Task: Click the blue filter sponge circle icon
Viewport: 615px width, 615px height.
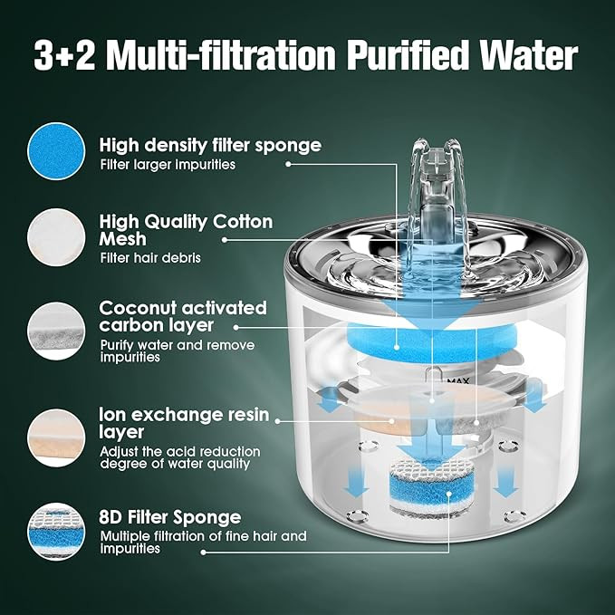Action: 56,151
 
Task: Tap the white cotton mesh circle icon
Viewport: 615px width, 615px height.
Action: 56,237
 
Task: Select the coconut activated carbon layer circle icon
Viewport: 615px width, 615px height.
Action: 56,331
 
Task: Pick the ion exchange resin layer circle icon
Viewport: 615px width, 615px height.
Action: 56,437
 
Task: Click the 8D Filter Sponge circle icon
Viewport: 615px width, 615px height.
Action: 56,532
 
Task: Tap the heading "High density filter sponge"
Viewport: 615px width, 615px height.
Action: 210,146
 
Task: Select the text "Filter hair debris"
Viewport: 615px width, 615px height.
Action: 150,258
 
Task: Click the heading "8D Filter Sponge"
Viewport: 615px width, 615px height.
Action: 170,517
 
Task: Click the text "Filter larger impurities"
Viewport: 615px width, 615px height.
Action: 168,165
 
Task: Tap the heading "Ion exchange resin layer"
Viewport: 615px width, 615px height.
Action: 184,424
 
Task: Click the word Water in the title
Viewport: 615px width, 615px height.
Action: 524,55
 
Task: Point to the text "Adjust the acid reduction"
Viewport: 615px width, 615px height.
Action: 180,451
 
